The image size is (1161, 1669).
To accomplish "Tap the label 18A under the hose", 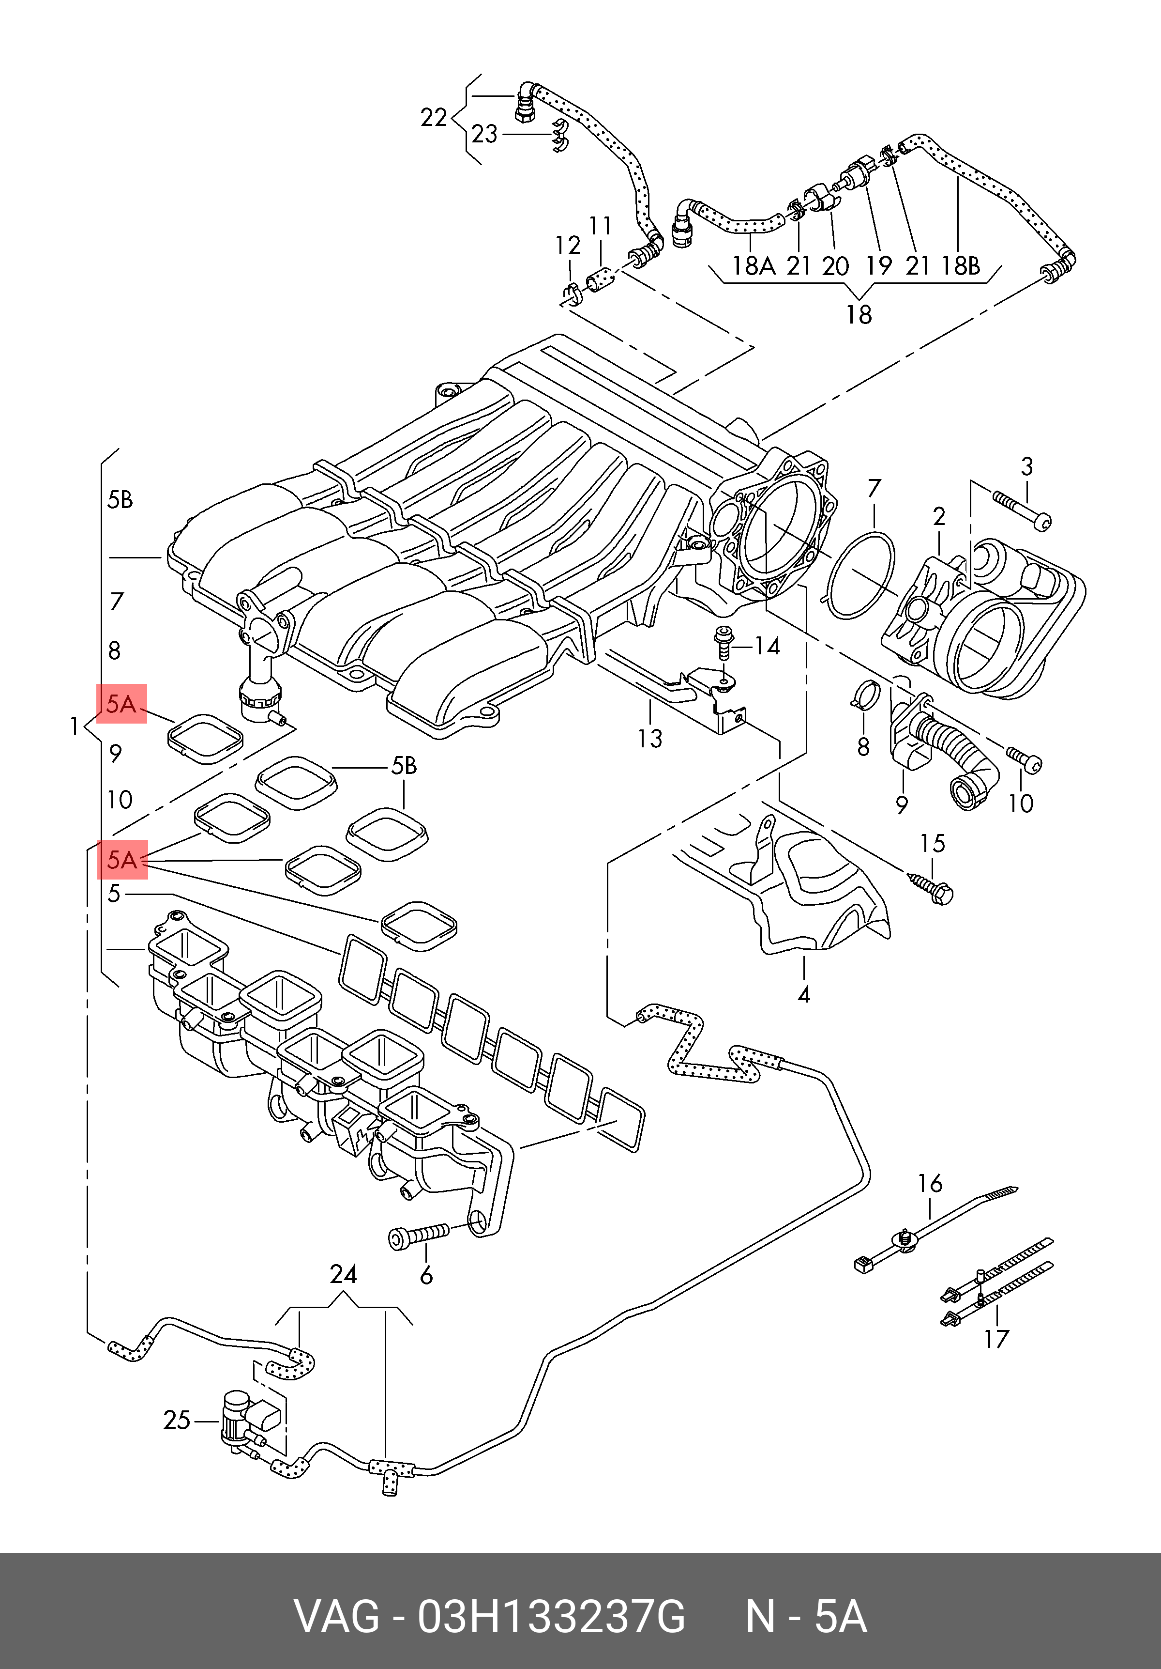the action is tap(754, 266).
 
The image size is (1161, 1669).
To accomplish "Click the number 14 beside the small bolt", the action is tap(767, 646).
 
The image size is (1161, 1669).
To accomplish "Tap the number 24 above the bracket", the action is tap(343, 1274).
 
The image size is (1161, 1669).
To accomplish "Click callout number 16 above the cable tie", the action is tap(930, 1183).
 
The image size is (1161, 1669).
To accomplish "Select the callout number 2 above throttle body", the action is tap(939, 517).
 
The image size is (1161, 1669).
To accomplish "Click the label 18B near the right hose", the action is tap(961, 266).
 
